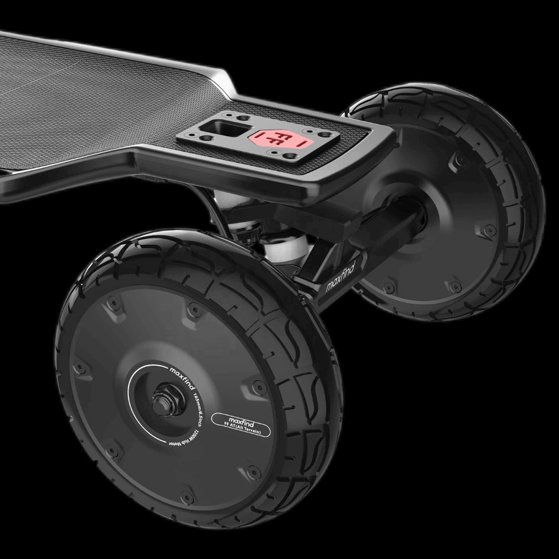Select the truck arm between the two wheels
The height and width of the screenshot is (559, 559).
347,246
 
